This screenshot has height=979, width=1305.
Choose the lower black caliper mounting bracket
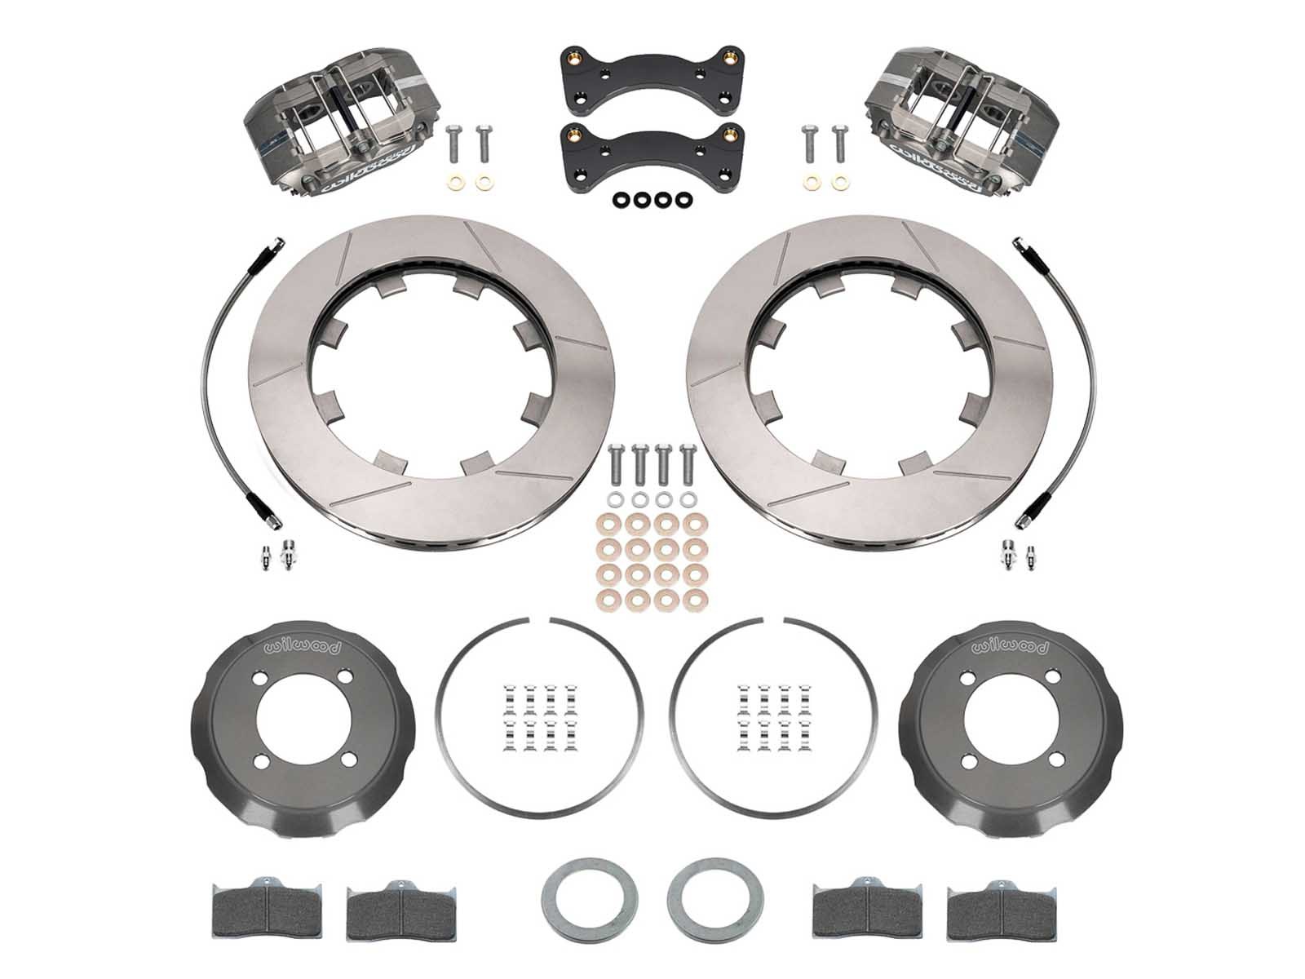tap(650, 156)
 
